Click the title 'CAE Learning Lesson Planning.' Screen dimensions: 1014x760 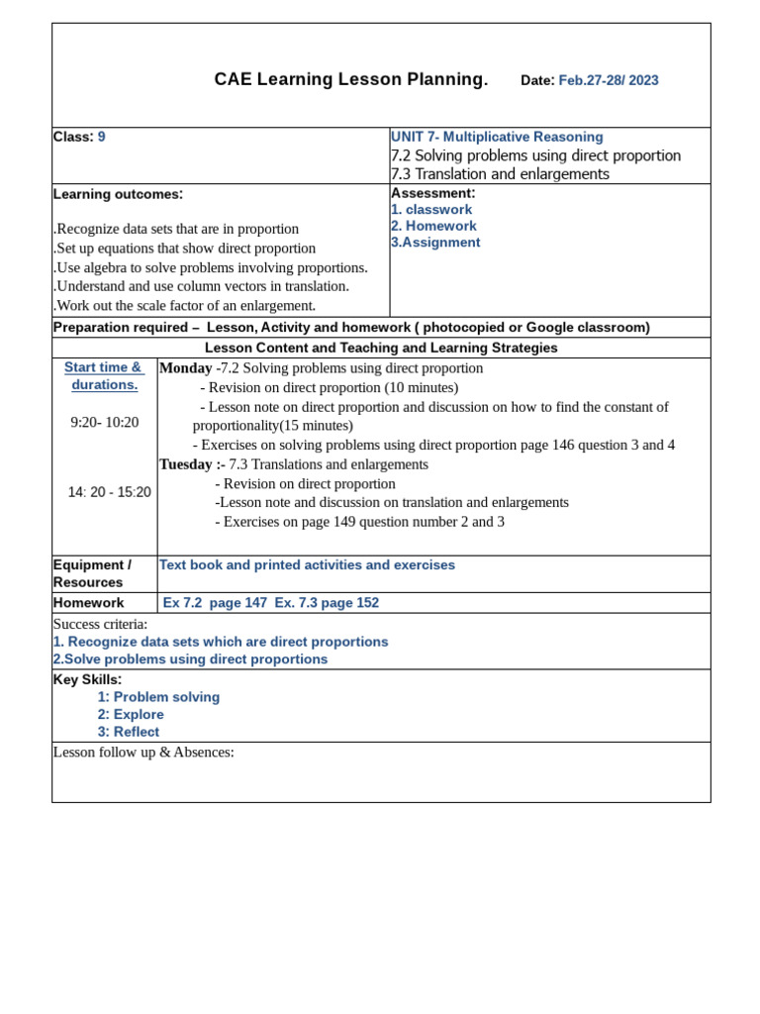click(350, 80)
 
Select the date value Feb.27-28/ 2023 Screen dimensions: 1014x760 click(608, 81)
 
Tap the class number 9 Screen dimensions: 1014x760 click(101, 137)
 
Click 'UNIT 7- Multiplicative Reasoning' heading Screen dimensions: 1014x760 click(497, 137)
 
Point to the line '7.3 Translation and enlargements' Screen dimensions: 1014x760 click(500, 174)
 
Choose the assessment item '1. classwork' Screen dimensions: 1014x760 click(431, 210)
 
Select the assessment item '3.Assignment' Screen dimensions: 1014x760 click(435, 243)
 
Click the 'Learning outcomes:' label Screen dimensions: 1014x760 click(118, 194)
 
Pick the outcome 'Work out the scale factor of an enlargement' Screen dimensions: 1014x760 click(185, 306)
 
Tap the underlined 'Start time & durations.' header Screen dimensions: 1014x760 click(104, 376)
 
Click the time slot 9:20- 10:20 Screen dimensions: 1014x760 click(104, 423)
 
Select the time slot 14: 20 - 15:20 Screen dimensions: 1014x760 click(109, 492)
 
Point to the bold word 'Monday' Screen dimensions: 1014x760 click(186, 368)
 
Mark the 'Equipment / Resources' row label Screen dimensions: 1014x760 click(92, 573)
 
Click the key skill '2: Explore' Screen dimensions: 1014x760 click(131, 715)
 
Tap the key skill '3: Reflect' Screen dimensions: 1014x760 click(129, 733)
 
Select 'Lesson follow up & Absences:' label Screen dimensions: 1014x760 click(143, 753)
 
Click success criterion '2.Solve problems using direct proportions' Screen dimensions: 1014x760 click(190, 659)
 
